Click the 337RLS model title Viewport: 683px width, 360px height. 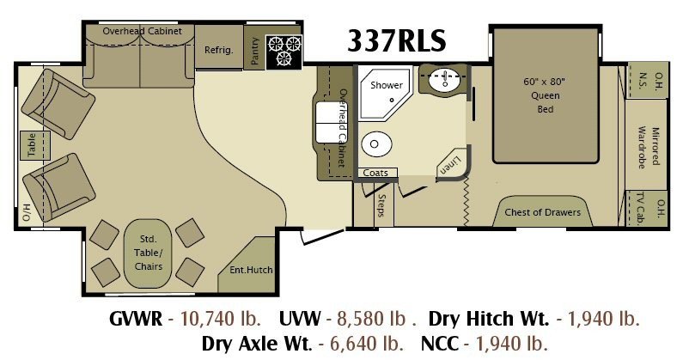pyautogui.click(x=397, y=40)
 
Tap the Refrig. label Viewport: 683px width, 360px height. pyautogui.click(x=219, y=50)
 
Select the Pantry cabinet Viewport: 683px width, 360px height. pyautogui.click(x=255, y=47)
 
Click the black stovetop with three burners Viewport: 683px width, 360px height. pyautogui.click(x=284, y=52)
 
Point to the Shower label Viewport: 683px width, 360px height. pyautogui.click(x=387, y=85)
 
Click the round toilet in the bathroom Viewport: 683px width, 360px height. pyautogui.click(x=376, y=143)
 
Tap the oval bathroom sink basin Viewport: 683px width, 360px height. pyautogui.click(x=444, y=81)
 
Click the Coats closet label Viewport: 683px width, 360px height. pyautogui.click(x=375, y=173)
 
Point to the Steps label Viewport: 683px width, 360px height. pyautogui.click(x=381, y=205)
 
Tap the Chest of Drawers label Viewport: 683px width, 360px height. pyautogui.click(x=542, y=212)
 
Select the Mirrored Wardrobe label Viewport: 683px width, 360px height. pyautogui.click(x=648, y=147)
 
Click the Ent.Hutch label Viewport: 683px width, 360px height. pyautogui.click(x=251, y=270)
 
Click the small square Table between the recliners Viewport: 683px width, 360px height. pyautogui.click(x=35, y=145)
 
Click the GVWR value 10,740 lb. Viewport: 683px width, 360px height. pyautogui.click(x=221, y=319)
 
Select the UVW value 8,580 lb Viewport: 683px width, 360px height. pyautogui.click(x=371, y=319)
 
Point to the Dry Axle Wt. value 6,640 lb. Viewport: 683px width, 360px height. pyautogui.click(x=366, y=344)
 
